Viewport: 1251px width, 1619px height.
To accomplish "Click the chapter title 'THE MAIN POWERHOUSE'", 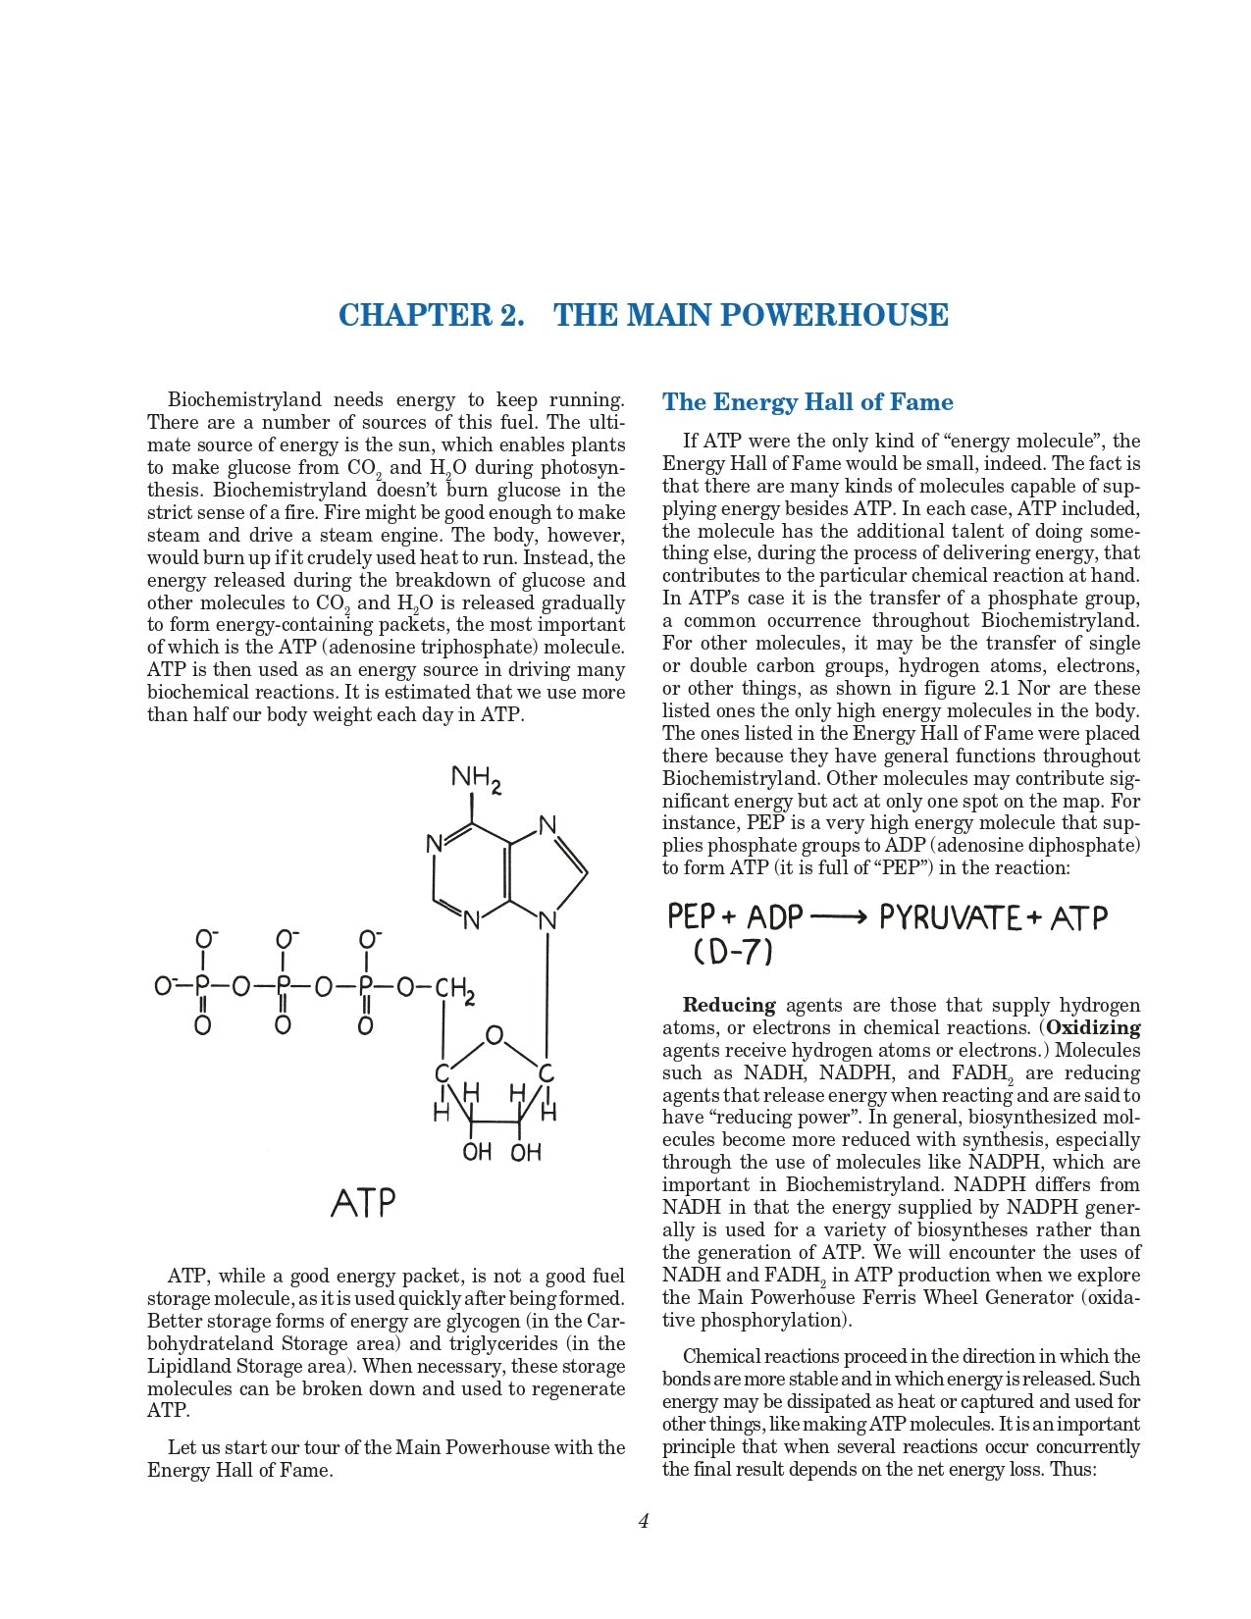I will [x=751, y=315].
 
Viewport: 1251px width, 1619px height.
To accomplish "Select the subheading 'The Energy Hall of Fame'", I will [x=808, y=402].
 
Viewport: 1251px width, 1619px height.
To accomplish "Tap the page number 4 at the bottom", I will [x=644, y=1521].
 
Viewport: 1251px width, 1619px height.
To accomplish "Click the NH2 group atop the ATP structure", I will [x=477, y=779].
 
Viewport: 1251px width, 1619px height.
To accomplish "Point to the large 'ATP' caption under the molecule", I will [x=363, y=1203].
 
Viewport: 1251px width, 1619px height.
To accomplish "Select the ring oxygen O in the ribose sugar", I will [x=495, y=1035].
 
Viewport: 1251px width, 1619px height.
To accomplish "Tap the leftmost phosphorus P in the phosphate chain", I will [x=202, y=986].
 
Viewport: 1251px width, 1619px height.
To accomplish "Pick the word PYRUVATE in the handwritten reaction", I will [x=949, y=918].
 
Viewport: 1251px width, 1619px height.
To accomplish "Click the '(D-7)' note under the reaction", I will [x=733, y=952].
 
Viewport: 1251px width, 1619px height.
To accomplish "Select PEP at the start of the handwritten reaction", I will [x=692, y=917].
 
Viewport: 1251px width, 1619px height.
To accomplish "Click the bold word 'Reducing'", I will [x=729, y=1005].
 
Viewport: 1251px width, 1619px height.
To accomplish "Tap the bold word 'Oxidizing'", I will [x=1093, y=1027].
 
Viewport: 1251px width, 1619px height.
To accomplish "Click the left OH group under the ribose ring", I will [x=477, y=1151].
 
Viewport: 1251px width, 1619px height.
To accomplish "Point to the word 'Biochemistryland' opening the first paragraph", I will [x=244, y=399].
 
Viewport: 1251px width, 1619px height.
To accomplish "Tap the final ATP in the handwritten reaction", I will [x=1078, y=918].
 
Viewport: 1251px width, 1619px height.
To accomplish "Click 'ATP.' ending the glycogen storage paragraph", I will [x=169, y=1410].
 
